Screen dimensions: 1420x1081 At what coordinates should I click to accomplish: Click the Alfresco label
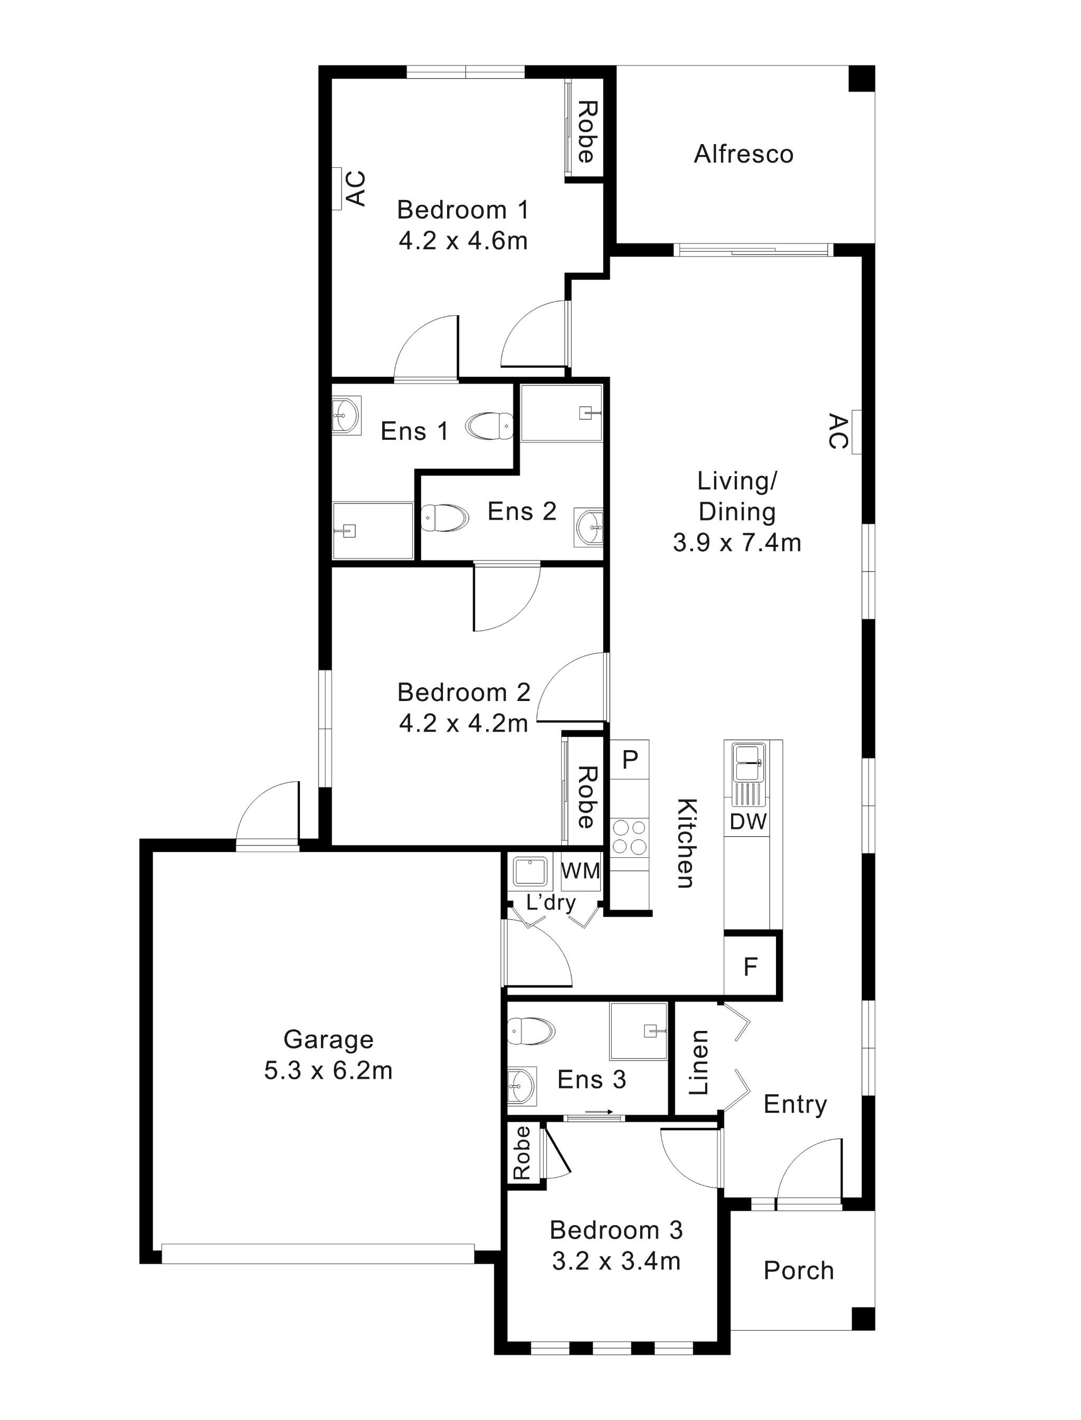pyautogui.click(x=743, y=155)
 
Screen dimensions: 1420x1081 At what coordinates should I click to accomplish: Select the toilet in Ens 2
pyautogui.click(x=444, y=518)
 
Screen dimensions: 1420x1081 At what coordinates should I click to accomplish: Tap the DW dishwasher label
pyautogui.click(x=748, y=821)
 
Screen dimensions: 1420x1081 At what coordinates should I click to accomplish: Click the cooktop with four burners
pyautogui.click(x=629, y=837)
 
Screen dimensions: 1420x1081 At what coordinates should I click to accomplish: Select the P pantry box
pyautogui.click(x=630, y=760)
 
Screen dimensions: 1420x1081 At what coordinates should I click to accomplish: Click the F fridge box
pyautogui.click(x=750, y=967)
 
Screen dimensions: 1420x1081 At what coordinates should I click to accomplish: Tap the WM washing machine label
pyautogui.click(x=581, y=871)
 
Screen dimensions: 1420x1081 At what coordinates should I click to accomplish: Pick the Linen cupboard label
pyautogui.click(x=699, y=1062)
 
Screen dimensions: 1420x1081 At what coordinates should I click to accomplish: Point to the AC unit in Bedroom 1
pyautogui.click(x=337, y=188)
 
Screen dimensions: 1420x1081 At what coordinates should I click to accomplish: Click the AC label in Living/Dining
pyautogui.click(x=838, y=432)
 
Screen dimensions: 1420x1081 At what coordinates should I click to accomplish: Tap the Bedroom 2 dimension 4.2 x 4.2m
pyautogui.click(x=463, y=724)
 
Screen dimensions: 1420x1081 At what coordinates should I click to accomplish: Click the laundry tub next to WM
pyautogui.click(x=529, y=871)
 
